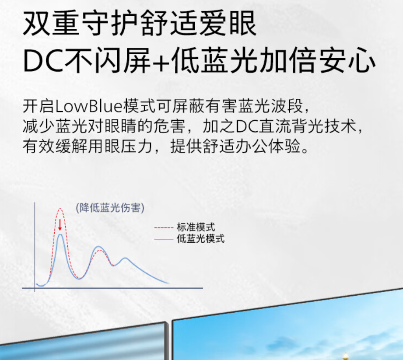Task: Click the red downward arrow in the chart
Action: [60, 225]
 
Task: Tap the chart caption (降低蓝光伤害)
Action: [110, 208]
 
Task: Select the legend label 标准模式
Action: [196, 227]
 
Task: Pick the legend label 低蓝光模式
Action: [200, 239]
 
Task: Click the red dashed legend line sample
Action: [164, 227]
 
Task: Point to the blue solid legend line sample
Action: [164, 239]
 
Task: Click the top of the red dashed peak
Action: [60, 209]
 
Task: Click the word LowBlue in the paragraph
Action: [89, 106]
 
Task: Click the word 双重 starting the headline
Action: [51, 23]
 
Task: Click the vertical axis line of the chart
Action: [35, 247]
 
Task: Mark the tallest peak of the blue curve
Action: [60, 234]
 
